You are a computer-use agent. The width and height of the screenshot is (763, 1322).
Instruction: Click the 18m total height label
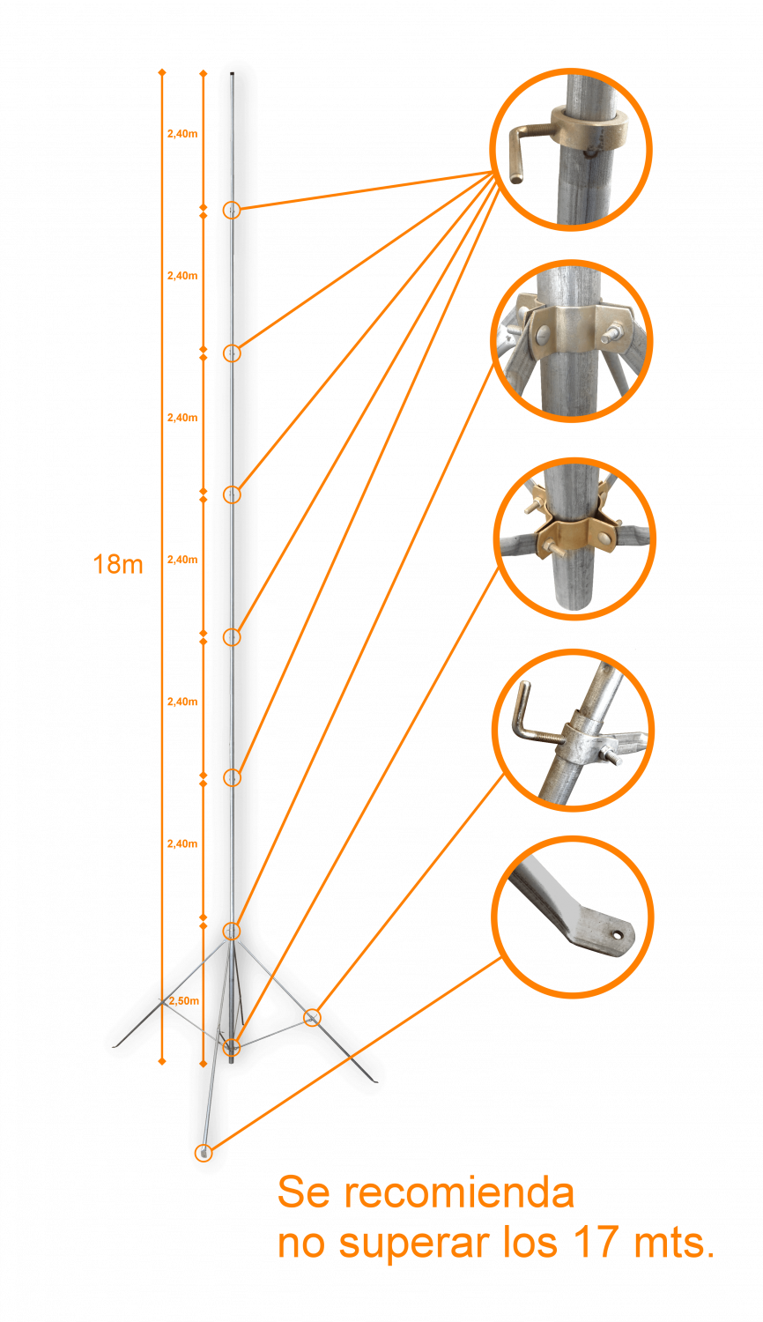click(118, 565)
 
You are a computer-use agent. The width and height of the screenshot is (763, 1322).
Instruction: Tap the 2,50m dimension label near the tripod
click(184, 1001)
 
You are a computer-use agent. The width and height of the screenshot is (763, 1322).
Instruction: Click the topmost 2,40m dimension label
click(182, 134)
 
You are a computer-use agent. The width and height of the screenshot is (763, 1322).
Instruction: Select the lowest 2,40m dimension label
click(182, 844)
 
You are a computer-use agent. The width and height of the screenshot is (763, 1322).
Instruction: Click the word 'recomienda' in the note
click(459, 1192)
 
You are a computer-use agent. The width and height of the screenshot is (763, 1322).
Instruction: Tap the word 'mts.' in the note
click(674, 1243)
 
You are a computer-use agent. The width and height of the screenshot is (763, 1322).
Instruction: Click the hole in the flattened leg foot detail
click(617, 935)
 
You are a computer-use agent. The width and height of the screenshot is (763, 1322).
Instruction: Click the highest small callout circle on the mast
click(232, 210)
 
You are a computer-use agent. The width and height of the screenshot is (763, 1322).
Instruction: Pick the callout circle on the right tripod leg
click(312, 1017)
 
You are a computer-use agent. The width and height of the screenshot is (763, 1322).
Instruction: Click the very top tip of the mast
click(232, 73)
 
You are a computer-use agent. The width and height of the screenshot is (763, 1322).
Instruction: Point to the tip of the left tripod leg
click(114, 1047)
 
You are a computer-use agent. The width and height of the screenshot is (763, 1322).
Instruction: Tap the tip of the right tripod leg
click(374, 1081)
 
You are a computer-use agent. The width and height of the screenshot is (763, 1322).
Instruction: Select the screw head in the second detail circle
click(544, 335)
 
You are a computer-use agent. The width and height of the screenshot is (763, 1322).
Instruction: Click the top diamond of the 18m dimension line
click(162, 72)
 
